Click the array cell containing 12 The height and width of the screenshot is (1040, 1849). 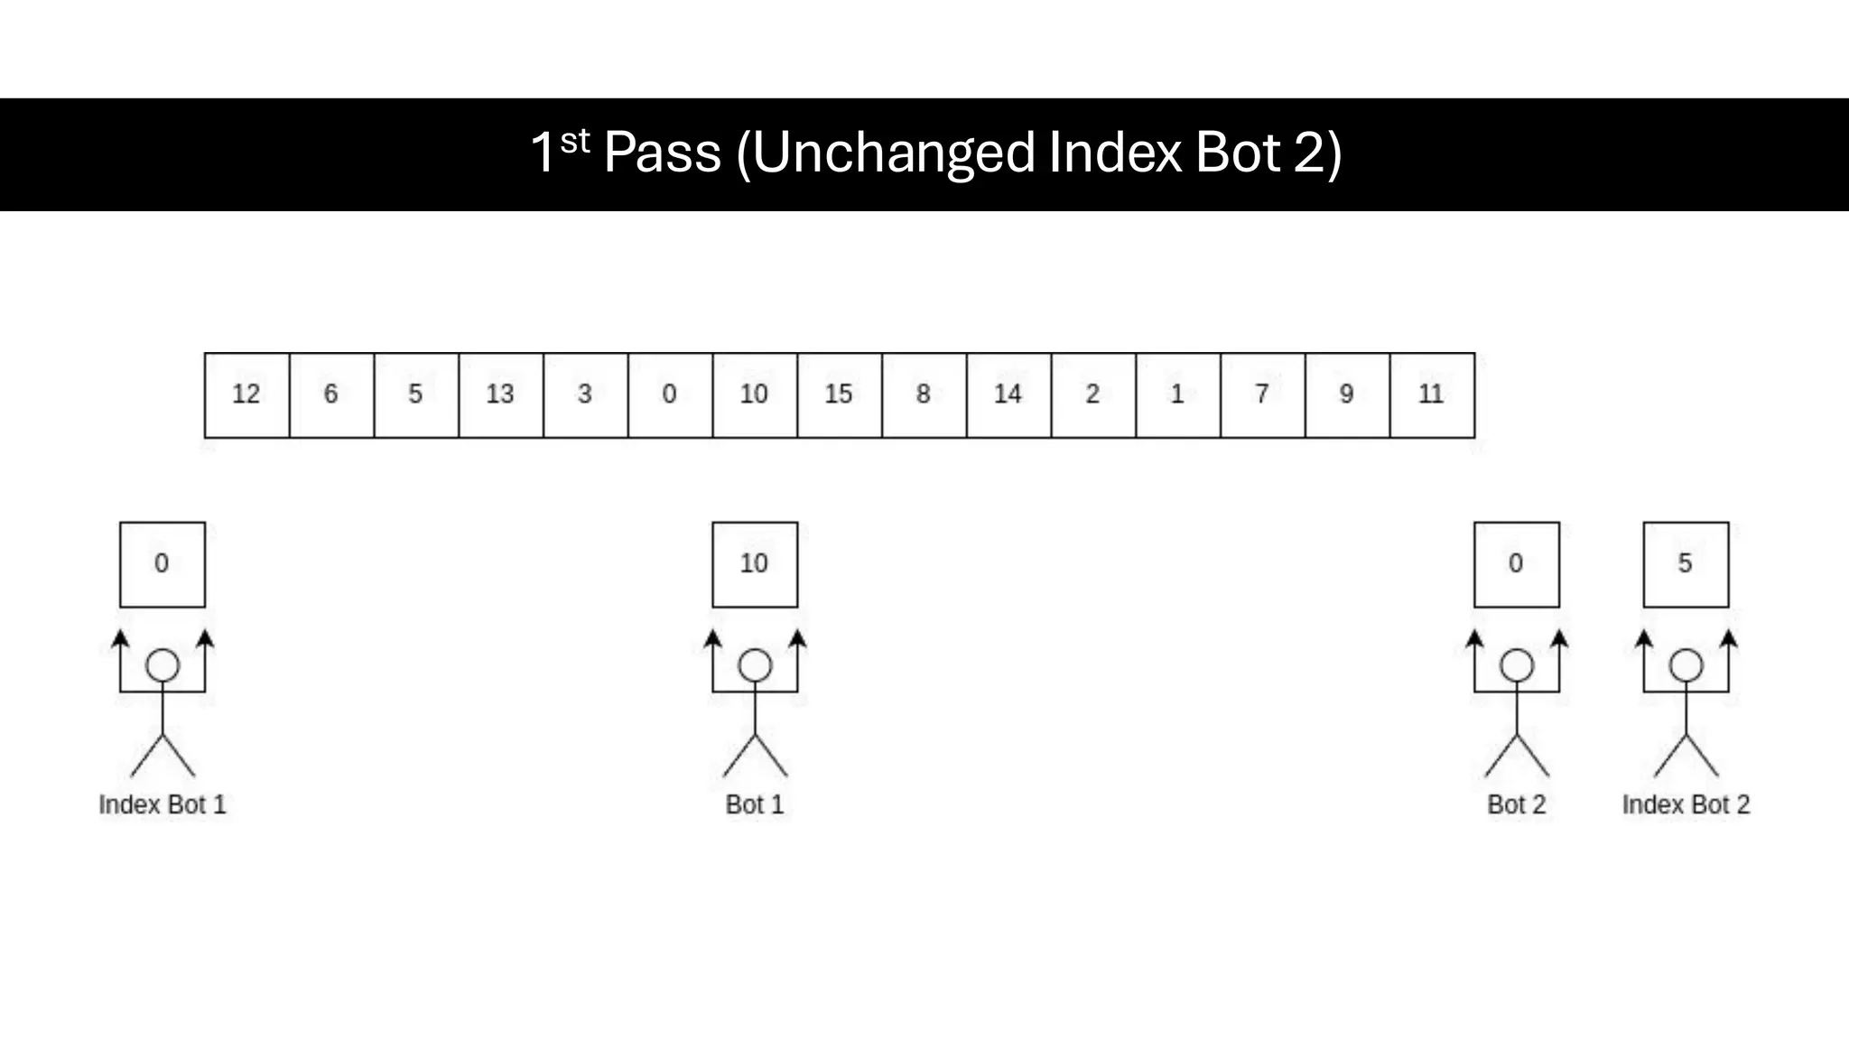pyautogui.click(x=246, y=395)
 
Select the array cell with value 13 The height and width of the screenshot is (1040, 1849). pyautogui.click(x=500, y=395)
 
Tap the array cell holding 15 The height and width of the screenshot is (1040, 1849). pyautogui.click(x=839, y=395)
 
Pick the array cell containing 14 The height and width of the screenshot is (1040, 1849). pyautogui.click(x=1008, y=395)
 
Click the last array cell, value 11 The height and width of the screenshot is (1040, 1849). pyautogui.click(x=1431, y=395)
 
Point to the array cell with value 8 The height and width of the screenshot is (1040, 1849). pyautogui.click(x=924, y=395)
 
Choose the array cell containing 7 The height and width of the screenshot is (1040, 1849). pyautogui.click(x=1262, y=395)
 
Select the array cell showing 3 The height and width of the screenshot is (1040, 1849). pyautogui.click(x=585, y=395)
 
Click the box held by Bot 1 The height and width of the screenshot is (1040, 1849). pyautogui.click(x=754, y=564)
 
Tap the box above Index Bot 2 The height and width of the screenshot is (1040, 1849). pyautogui.click(x=1685, y=564)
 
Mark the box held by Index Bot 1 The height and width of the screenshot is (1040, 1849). pyautogui.click(x=162, y=564)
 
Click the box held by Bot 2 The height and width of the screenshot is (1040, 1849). pyautogui.click(x=1516, y=564)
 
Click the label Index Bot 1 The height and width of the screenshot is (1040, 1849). pyautogui.click(x=162, y=804)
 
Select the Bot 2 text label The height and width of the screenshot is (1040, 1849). pyautogui.click(x=1516, y=804)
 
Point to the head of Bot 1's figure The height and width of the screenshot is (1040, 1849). pyautogui.click(x=754, y=666)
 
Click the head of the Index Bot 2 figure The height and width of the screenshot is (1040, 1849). pyautogui.click(x=1685, y=666)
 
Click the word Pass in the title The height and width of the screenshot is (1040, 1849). pyautogui.click(x=662, y=153)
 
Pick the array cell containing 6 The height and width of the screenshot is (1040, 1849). pyautogui.click(x=331, y=395)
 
